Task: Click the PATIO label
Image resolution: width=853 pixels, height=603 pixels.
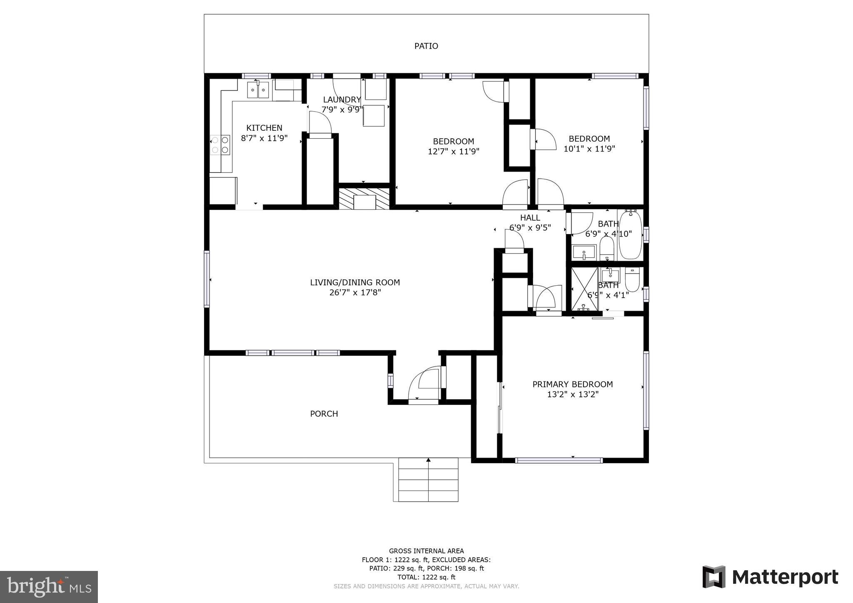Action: (426, 46)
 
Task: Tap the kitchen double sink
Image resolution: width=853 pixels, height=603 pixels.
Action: (258, 90)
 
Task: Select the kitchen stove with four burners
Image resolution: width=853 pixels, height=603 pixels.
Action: (220, 145)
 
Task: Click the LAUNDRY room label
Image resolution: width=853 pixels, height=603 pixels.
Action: (342, 100)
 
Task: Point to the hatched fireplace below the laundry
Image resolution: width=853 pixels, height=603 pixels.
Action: (364, 199)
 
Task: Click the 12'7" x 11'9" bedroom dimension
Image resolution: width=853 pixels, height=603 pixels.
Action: (453, 152)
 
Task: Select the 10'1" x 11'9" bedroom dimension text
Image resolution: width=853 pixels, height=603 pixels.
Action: (589, 149)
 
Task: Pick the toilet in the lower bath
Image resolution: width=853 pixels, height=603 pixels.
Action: (632, 280)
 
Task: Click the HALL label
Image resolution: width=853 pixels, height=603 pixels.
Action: (530, 217)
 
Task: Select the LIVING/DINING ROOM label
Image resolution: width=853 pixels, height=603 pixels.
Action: (355, 282)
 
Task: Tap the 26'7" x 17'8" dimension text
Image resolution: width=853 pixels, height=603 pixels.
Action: (355, 293)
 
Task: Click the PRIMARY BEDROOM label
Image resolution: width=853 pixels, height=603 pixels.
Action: (572, 384)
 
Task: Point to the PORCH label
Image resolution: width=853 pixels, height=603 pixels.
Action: (324, 414)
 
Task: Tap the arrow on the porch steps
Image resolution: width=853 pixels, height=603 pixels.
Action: (428, 460)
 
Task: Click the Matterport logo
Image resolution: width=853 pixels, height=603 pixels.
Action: (770, 578)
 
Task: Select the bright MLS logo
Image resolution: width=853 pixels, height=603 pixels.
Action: (49, 587)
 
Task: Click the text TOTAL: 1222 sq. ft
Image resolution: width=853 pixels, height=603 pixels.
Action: (426, 577)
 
